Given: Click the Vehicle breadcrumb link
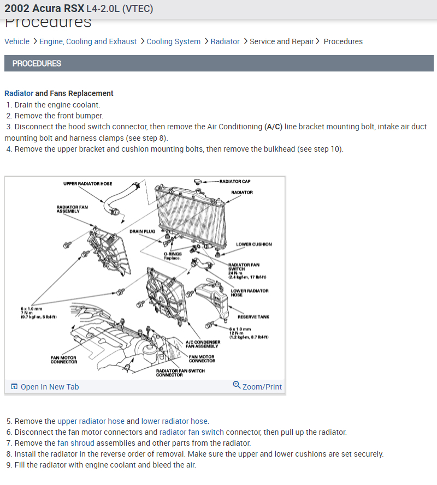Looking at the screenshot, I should click(17, 41).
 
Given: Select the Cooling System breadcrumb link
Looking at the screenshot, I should click(173, 41).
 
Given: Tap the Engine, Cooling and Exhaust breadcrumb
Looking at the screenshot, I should click(88, 41).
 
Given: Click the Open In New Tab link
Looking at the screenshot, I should click(49, 387).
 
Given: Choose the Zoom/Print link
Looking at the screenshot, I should click(262, 387).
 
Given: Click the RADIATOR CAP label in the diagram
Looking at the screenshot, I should click(235, 181).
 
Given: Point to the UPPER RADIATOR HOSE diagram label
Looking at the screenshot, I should click(87, 184).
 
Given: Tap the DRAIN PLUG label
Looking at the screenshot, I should click(142, 231).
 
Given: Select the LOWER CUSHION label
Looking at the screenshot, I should click(253, 244).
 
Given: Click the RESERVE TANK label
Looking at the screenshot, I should click(253, 317).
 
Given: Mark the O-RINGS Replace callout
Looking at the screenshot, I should click(172, 256).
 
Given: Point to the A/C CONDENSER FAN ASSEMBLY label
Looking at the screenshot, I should click(203, 344).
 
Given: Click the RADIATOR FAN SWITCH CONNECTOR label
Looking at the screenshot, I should click(180, 373).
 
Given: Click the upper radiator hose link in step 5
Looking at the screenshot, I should click(91, 421).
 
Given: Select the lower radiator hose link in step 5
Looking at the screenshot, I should click(174, 421).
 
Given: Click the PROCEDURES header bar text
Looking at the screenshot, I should click(37, 63).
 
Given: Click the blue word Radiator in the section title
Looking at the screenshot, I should click(19, 93).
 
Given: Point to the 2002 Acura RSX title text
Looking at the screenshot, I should click(44, 9).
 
